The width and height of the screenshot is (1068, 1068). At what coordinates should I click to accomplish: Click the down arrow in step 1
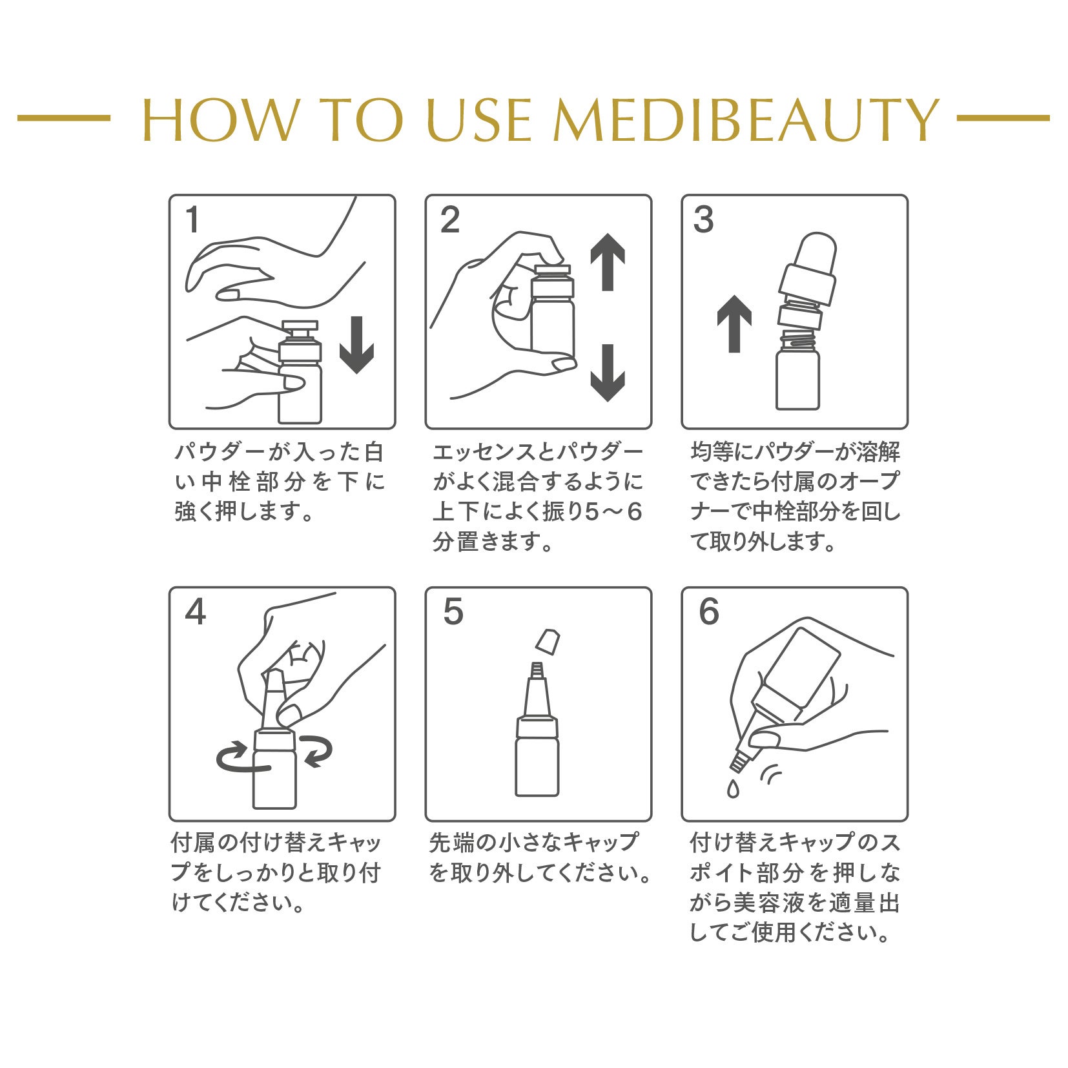click(x=356, y=345)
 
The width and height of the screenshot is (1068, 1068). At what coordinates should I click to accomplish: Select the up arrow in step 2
click(x=608, y=262)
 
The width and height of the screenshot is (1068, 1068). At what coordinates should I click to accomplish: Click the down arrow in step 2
click(x=608, y=373)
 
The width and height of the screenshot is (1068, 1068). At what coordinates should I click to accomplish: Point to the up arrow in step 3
click(x=734, y=323)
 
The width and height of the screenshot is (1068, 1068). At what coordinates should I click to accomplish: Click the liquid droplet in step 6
click(x=732, y=788)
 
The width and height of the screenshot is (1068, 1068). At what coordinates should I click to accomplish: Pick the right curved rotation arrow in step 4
click(x=316, y=751)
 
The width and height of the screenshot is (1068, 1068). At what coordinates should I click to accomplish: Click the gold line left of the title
click(x=64, y=118)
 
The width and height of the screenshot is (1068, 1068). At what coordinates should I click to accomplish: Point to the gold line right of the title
click(x=1003, y=118)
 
